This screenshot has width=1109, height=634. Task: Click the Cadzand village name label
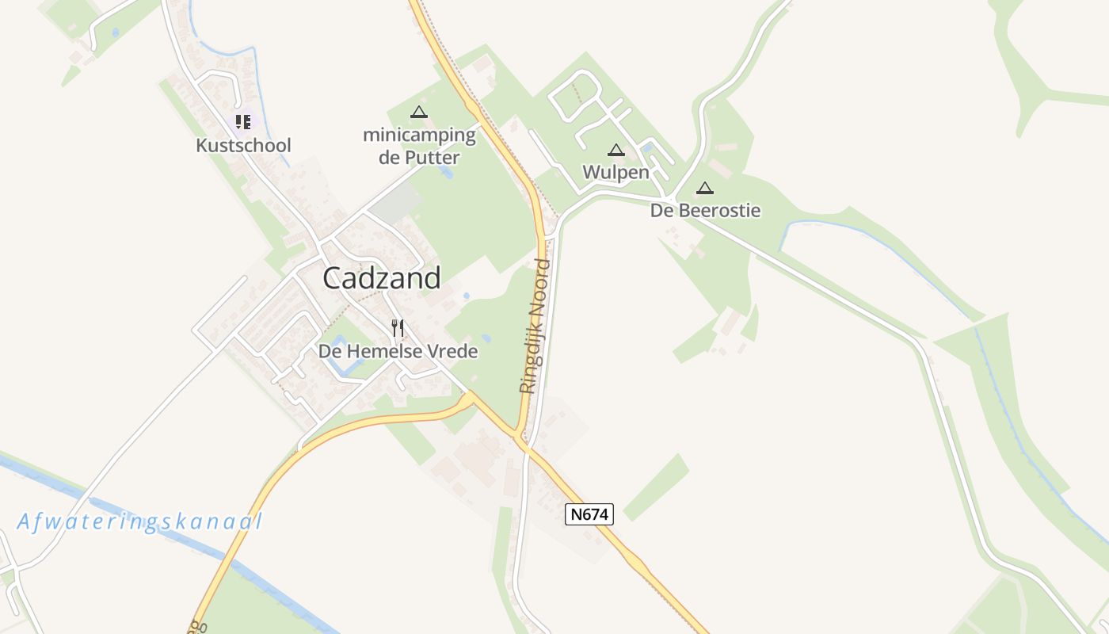382,278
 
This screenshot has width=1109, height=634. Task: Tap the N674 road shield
590,514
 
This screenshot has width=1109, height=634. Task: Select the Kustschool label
243,146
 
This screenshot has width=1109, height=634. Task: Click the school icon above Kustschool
243,122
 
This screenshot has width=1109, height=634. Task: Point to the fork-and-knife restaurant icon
398,327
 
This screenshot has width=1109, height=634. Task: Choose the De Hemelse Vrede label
398,350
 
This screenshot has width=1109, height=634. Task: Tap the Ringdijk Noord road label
535,325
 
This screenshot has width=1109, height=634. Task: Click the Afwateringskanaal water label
140,521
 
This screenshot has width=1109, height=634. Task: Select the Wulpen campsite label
616,172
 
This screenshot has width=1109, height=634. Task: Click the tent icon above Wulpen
616,150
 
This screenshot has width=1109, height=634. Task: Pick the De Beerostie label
705,211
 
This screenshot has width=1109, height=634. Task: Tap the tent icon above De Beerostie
705,189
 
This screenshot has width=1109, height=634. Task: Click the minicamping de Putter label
419,146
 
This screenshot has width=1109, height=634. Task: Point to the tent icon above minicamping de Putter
419,113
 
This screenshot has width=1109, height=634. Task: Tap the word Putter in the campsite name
430,158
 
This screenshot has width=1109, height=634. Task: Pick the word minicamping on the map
419,136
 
